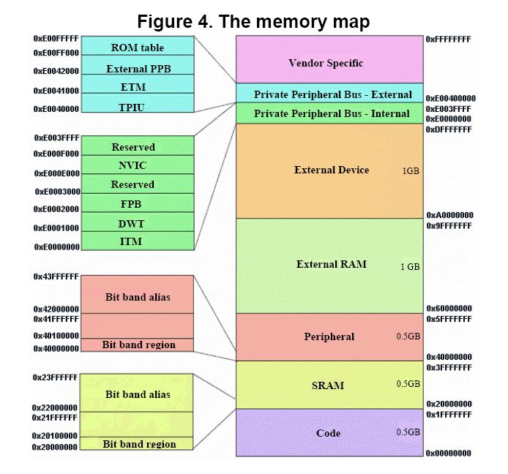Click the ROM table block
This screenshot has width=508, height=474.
(x=138, y=45)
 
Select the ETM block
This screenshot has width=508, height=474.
(x=138, y=84)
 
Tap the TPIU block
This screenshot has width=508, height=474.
(x=138, y=103)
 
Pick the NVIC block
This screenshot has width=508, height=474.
(x=138, y=165)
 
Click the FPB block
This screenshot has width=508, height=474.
(x=138, y=203)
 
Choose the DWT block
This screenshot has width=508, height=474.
(x=138, y=222)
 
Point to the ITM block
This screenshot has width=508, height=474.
(x=138, y=241)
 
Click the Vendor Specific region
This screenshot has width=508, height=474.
(x=329, y=59)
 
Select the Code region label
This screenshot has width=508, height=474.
(x=328, y=433)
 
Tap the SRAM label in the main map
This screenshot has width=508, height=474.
(x=328, y=385)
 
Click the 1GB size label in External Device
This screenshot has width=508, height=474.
(x=411, y=170)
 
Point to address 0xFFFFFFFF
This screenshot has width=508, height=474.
(x=449, y=39)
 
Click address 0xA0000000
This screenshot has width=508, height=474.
(x=449, y=215)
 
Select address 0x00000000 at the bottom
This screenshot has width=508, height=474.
(x=449, y=453)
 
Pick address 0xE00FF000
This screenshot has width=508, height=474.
(x=56, y=53)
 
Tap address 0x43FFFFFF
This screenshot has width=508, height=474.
(x=56, y=276)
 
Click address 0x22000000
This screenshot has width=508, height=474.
(x=55, y=407)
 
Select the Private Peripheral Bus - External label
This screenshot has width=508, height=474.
(x=333, y=94)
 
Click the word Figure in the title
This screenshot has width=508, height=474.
(x=165, y=22)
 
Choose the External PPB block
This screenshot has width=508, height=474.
(x=138, y=65)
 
